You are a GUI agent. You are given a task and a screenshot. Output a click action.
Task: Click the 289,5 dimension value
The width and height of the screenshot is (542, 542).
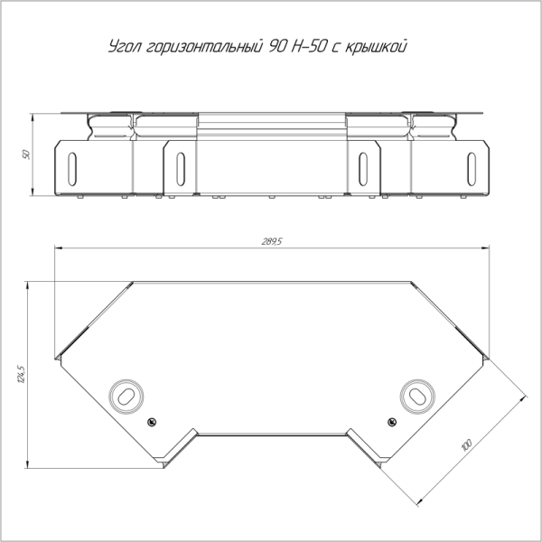click(272, 241)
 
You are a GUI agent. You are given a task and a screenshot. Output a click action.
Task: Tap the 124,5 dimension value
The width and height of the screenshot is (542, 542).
click(22, 374)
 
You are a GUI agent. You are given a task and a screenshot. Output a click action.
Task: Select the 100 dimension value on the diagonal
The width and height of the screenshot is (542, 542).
click(466, 445)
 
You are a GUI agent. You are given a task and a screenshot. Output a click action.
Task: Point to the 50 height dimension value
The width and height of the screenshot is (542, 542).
click(26, 154)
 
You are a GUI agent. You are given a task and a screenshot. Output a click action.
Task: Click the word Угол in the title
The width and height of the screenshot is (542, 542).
click(125, 47)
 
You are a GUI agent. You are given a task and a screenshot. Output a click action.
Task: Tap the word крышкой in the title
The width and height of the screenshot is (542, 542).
click(376, 47)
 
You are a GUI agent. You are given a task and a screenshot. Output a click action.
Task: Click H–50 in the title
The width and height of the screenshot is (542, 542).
click(308, 46)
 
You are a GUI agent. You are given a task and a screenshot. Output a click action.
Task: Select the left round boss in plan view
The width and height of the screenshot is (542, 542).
click(126, 397)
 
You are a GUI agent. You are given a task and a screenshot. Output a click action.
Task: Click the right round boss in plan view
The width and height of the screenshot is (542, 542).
click(417, 397)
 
